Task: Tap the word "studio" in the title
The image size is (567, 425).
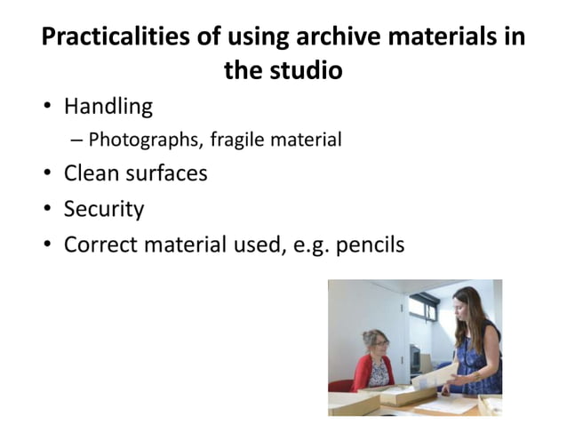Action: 308,70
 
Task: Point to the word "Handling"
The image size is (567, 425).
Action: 108,108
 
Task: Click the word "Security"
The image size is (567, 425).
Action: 103,209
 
